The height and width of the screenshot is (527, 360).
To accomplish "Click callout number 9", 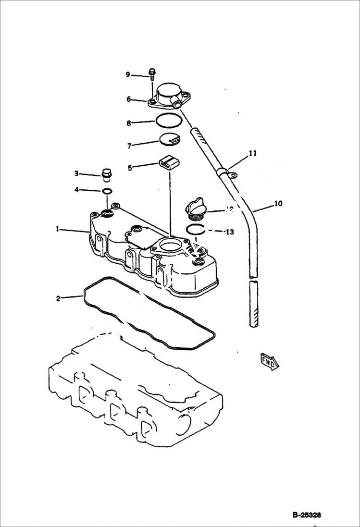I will tap(128, 74).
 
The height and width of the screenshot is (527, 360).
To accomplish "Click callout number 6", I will tap(129, 99).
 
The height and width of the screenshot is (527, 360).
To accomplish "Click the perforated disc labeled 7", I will tap(170, 140).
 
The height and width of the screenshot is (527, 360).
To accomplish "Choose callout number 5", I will tap(129, 168).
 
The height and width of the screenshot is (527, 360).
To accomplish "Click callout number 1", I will tap(57, 230).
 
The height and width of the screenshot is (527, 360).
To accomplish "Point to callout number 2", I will tap(58, 298).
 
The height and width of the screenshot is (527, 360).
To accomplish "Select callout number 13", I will tap(229, 232).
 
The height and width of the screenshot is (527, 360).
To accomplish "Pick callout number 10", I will tap(278, 204).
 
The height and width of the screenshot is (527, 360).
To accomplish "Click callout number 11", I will tap(252, 154).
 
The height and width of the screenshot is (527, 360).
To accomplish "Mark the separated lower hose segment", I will tap(254, 305).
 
